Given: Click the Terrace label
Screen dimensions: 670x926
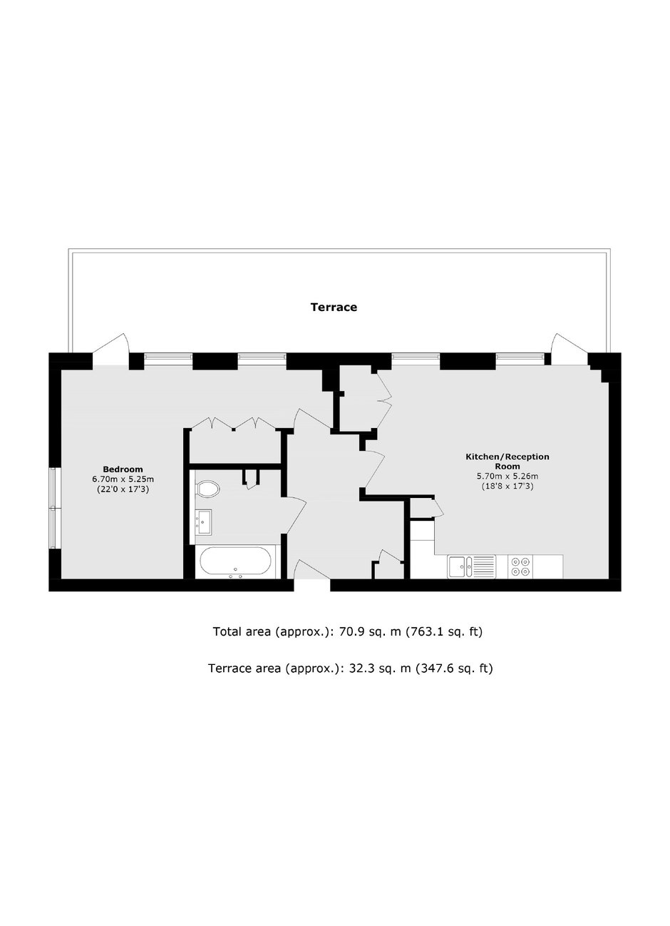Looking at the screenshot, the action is (x=334, y=307).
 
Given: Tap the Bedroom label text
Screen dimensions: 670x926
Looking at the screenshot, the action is (x=123, y=469).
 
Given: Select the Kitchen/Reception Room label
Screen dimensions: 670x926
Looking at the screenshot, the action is (x=507, y=462).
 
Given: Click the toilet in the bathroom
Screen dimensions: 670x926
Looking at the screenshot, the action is (x=208, y=489).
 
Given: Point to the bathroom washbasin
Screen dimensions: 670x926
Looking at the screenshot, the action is (x=203, y=522).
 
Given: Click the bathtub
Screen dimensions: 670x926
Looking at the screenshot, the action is (x=235, y=562).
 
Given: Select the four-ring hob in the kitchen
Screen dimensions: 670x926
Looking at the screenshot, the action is (x=520, y=566).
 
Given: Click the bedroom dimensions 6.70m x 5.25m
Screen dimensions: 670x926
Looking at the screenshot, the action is (x=123, y=479).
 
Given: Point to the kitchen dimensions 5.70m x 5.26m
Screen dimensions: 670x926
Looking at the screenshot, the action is (x=507, y=476).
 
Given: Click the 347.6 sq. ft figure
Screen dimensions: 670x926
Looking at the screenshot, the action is (x=454, y=669).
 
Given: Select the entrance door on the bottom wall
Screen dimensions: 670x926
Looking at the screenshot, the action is (x=312, y=573).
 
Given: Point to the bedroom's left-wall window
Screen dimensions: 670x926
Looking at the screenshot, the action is (x=55, y=509).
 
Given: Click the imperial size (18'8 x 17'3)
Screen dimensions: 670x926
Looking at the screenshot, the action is (x=507, y=487).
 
